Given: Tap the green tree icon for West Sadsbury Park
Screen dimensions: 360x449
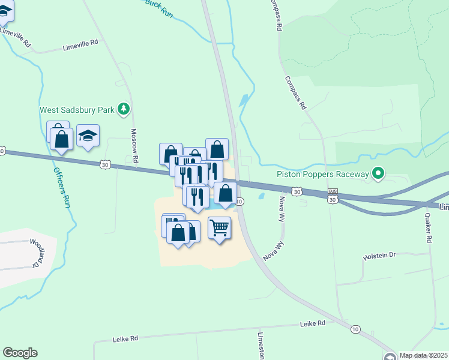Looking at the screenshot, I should pos(124,109).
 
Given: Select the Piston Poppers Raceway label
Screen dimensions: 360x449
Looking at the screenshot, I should pos(322,174).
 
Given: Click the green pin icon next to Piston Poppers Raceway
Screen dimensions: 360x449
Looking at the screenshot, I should pos(378,174).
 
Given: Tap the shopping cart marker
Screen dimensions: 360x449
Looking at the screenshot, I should pos(220,227).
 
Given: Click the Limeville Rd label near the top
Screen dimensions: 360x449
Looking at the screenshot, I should pos(80,43).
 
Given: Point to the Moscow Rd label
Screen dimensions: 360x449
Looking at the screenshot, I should pos(135,146).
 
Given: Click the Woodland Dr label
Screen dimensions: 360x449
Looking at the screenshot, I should pos(38,253).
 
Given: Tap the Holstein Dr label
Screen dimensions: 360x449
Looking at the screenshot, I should pos(379,255).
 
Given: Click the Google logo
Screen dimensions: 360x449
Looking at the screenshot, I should pos(20,353).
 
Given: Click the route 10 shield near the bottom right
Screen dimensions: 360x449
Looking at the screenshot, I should pos(355,329).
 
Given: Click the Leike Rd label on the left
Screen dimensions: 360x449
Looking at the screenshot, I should pos(125,338).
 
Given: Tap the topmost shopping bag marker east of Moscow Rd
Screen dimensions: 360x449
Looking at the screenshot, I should pos(217,148).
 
